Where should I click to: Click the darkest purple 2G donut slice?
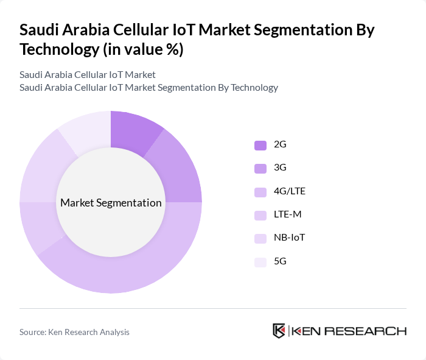click(x=133, y=130)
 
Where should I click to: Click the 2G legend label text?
click(x=280, y=145)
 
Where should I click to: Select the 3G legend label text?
click(x=280, y=168)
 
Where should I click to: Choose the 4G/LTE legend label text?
click(x=290, y=191)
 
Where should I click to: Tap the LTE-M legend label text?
click(x=287, y=214)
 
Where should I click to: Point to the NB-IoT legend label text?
click(x=289, y=238)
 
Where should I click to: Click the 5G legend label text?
click(x=280, y=261)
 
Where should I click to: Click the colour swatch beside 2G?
click(x=260, y=145)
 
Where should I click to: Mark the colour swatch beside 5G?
click(x=260, y=261)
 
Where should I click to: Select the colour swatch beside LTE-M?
click(x=260, y=215)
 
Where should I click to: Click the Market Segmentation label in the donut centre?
click(x=111, y=203)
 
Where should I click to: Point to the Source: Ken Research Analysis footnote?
click(x=74, y=332)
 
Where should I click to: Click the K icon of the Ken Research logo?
click(x=279, y=331)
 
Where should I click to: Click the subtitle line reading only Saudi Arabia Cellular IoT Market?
click(x=87, y=74)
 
